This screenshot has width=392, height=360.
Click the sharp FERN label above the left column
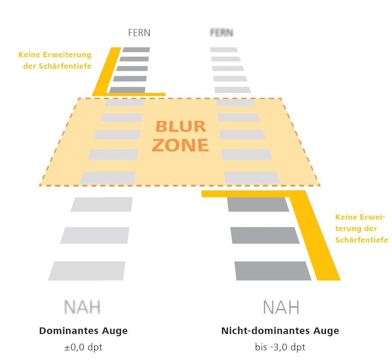click(x=139, y=33)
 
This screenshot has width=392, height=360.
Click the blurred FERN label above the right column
click(x=222, y=33)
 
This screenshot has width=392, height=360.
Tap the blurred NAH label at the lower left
click(x=82, y=307)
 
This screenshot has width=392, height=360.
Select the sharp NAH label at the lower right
click(x=281, y=307)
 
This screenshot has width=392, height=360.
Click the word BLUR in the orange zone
click(x=180, y=127)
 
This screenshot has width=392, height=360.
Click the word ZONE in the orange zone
click(x=180, y=145)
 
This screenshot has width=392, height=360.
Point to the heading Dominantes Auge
click(x=84, y=331)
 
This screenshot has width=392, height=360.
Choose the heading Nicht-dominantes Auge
click(x=280, y=331)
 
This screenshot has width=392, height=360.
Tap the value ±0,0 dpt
click(x=83, y=347)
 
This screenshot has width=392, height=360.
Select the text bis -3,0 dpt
click(x=280, y=347)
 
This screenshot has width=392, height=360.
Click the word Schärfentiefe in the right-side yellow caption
click(x=362, y=240)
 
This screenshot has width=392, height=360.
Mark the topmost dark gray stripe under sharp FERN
click(x=136, y=50)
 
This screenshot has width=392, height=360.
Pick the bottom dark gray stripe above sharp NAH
click(x=272, y=271)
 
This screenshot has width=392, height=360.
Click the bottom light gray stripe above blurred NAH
click(x=87, y=271)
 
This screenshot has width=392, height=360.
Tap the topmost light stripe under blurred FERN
click(x=223, y=50)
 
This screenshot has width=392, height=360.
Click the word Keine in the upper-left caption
click(x=29, y=55)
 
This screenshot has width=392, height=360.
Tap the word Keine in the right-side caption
click(x=345, y=217)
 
